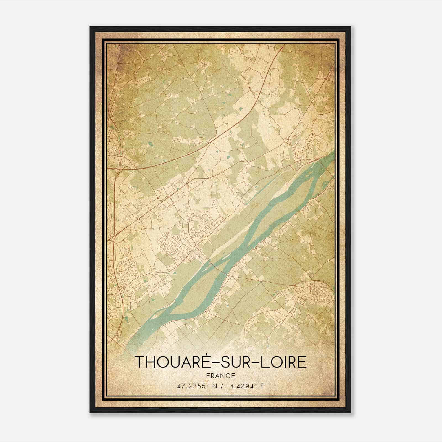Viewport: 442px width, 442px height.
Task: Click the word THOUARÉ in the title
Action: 171,362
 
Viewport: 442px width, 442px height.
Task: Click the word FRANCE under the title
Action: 220,376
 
